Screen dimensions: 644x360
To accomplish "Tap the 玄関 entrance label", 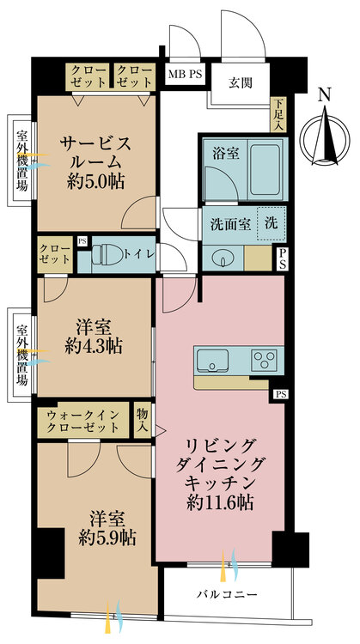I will pyautogui.click(x=240, y=83).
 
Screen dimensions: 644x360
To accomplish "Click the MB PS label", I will pyautogui.click(x=185, y=75).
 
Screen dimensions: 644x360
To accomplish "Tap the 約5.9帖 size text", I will pyautogui.click(x=102, y=538).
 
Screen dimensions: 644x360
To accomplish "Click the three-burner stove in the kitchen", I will pyautogui.click(x=263, y=358).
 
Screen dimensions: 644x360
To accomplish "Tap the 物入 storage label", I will pyautogui.click(x=143, y=420).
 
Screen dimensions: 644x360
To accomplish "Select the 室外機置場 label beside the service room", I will pyautogui.click(x=21, y=160).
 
